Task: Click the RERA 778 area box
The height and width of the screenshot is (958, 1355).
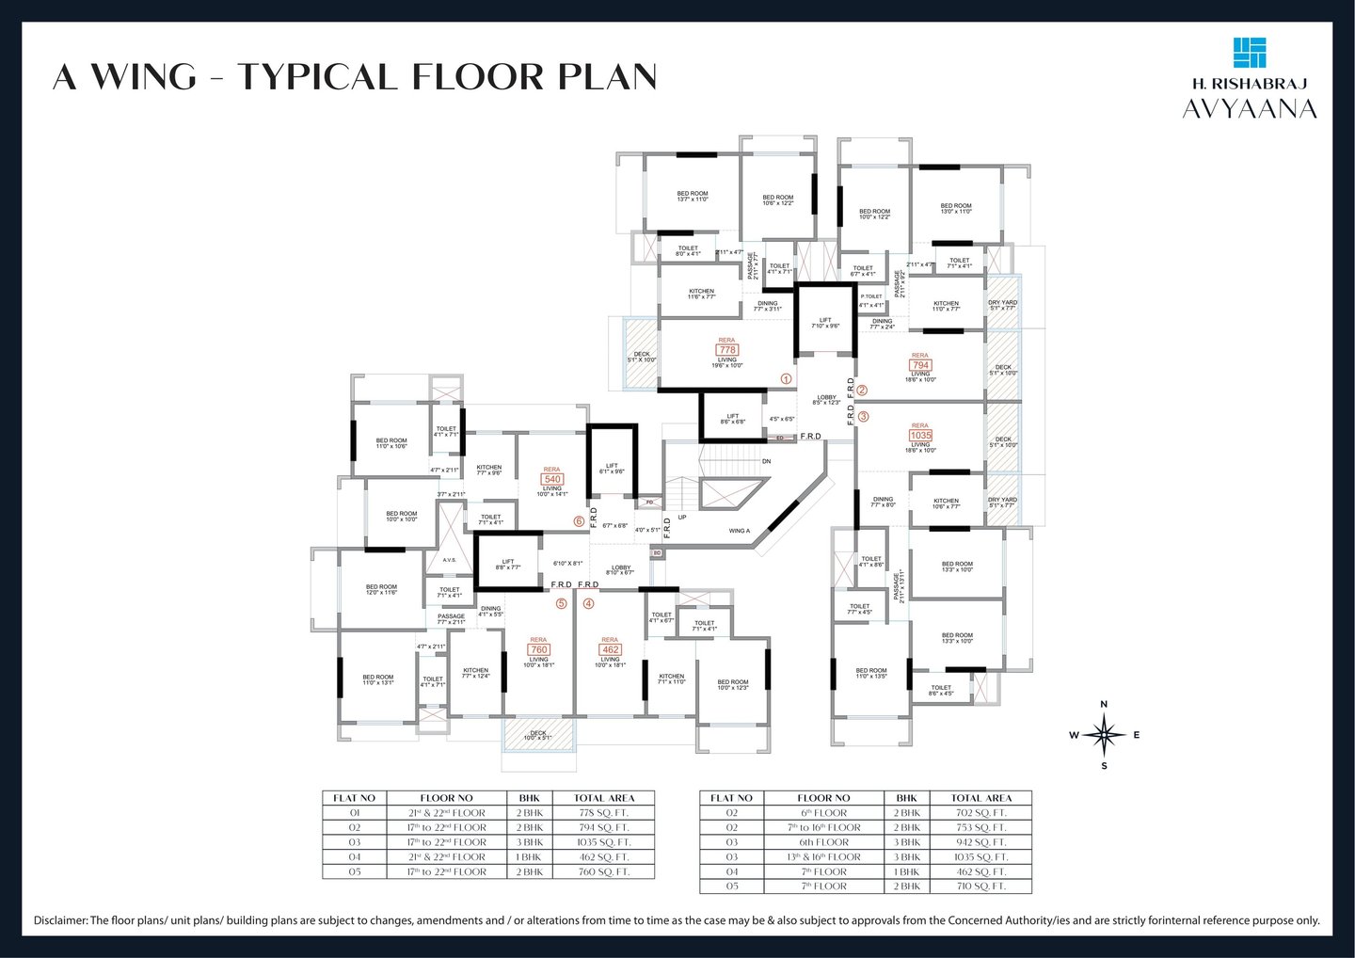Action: tap(727, 349)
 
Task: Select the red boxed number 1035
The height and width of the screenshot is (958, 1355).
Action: tap(919, 436)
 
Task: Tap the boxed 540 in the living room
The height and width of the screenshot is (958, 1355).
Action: tap(551, 479)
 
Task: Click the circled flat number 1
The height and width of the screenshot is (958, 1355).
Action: tap(787, 378)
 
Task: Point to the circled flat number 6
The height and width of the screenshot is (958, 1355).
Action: tap(579, 520)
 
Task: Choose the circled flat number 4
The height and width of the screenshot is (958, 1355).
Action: tap(589, 603)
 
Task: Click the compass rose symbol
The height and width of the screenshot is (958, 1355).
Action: tap(1105, 735)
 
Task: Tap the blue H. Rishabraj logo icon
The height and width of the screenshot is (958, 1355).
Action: tap(1250, 53)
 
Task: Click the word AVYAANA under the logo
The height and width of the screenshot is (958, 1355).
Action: tap(1250, 109)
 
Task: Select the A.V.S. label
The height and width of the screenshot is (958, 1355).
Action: tap(449, 560)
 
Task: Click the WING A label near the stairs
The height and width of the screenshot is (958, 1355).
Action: tap(740, 531)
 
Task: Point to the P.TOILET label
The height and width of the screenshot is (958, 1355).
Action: tap(870, 296)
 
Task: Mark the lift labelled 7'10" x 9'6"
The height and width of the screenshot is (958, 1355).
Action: tap(824, 323)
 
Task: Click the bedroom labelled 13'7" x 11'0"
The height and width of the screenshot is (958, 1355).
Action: tap(692, 196)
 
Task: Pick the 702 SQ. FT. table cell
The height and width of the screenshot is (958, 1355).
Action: tap(980, 812)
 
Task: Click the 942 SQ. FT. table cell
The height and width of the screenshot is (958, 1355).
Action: tap(980, 842)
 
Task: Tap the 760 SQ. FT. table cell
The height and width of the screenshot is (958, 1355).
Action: tap(602, 871)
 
